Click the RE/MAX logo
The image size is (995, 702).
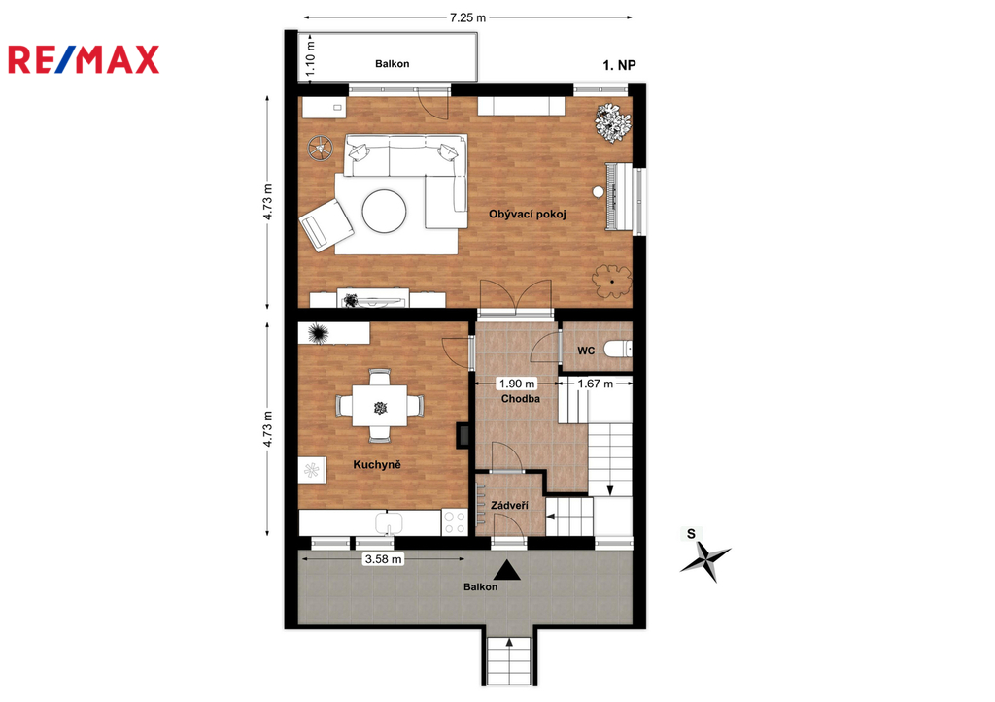[84, 59]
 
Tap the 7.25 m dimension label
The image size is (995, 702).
[467, 17]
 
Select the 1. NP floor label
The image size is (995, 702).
[619, 65]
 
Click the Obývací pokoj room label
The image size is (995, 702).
[527, 215]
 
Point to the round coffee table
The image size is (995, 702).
[384, 212]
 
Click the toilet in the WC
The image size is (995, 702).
[617, 349]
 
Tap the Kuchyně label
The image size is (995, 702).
[377, 465]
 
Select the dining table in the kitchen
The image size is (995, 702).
[380, 406]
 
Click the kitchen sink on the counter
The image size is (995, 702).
[389, 523]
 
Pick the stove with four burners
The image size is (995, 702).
[455, 522]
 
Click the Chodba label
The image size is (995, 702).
[521, 399]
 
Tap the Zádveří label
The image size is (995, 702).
[509, 506]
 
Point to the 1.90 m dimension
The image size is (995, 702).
[517, 384]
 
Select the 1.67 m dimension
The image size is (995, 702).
[596, 384]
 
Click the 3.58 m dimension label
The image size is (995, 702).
[383, 559]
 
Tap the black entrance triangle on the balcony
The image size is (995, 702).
[507, 571]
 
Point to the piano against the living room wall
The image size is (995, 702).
[619, 196]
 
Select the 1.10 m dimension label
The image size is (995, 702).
[310, 58]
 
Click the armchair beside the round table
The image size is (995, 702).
[326, 224]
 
